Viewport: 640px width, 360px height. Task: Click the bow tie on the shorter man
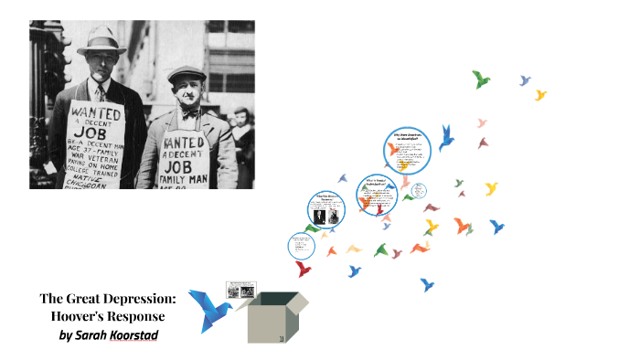[189, 114]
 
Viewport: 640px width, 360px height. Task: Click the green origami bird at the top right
[481, 79]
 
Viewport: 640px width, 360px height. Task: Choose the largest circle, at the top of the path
[407, 151]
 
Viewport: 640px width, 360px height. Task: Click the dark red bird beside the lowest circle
[304, 268]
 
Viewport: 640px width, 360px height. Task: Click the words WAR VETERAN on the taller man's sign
[94, 153]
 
